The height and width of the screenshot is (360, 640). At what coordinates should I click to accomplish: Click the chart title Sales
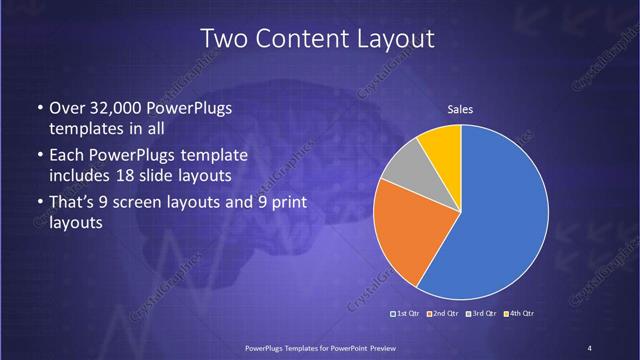[x=460, y=109]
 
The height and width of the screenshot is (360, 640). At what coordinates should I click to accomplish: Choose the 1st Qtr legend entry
[x=404, y=313]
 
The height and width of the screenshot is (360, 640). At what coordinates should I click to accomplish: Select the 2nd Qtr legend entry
[x=443, y=313]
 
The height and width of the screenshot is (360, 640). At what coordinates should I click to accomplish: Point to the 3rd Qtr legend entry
[x=483, y=313]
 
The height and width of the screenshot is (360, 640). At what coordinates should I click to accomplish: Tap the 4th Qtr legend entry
[x=520, y=313]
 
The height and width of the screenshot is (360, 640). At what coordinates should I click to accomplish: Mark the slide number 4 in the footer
[x=590, y=347]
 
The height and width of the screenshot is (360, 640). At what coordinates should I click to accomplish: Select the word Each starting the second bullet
[x=66, y=157]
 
